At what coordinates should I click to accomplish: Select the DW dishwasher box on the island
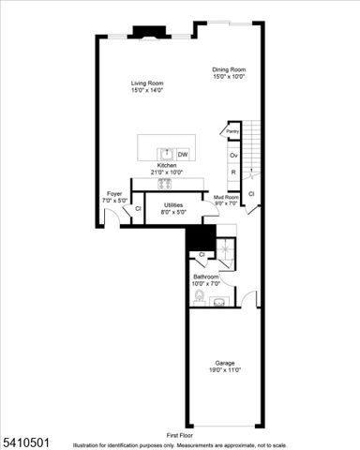pos(183,154)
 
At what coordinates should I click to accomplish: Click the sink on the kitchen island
pos(165,153)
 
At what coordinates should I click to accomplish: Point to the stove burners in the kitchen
pos(166,184)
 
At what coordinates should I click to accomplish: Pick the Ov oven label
pos(233,155)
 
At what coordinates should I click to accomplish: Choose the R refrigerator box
pos(233,172)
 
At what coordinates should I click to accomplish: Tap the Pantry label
pos(232,132)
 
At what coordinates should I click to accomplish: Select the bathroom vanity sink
pos(219,300)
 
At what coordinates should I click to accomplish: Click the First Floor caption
pos(180,436)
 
